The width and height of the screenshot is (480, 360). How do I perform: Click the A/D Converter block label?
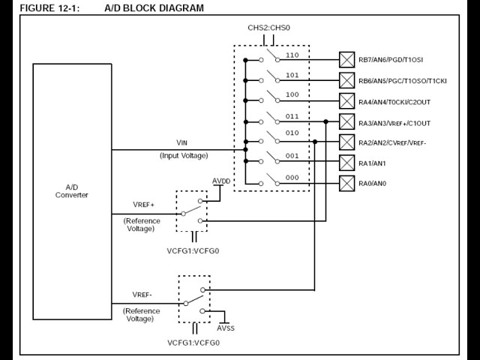(x=72, y=190)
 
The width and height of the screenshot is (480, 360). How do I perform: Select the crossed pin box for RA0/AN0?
(x=347, y=184)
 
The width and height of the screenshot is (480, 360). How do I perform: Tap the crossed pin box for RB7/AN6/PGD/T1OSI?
(x=347, y=59)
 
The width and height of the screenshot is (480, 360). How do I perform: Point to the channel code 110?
(x=292, y=55)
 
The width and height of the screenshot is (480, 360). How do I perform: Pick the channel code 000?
(x=292, y=178)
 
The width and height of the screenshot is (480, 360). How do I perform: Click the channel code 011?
(x=292, y=116)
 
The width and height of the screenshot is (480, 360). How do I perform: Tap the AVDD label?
(x=222, y=181)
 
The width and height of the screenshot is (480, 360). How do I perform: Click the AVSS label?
(x=226, y=328)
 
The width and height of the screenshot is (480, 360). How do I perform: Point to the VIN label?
(x=182, y=142)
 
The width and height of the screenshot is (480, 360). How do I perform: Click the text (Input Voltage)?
(x=183, y=155)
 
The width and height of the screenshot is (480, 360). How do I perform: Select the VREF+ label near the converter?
(x=143, y=205)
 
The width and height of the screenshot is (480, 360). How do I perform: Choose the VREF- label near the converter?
(x=142, y=295)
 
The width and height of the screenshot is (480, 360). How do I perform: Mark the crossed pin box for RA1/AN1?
(x=347, y=163)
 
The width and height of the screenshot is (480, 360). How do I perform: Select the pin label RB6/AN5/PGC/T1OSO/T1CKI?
(x=402, y=80)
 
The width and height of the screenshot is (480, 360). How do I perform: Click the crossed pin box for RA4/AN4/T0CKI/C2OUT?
(x=347, y=101)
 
